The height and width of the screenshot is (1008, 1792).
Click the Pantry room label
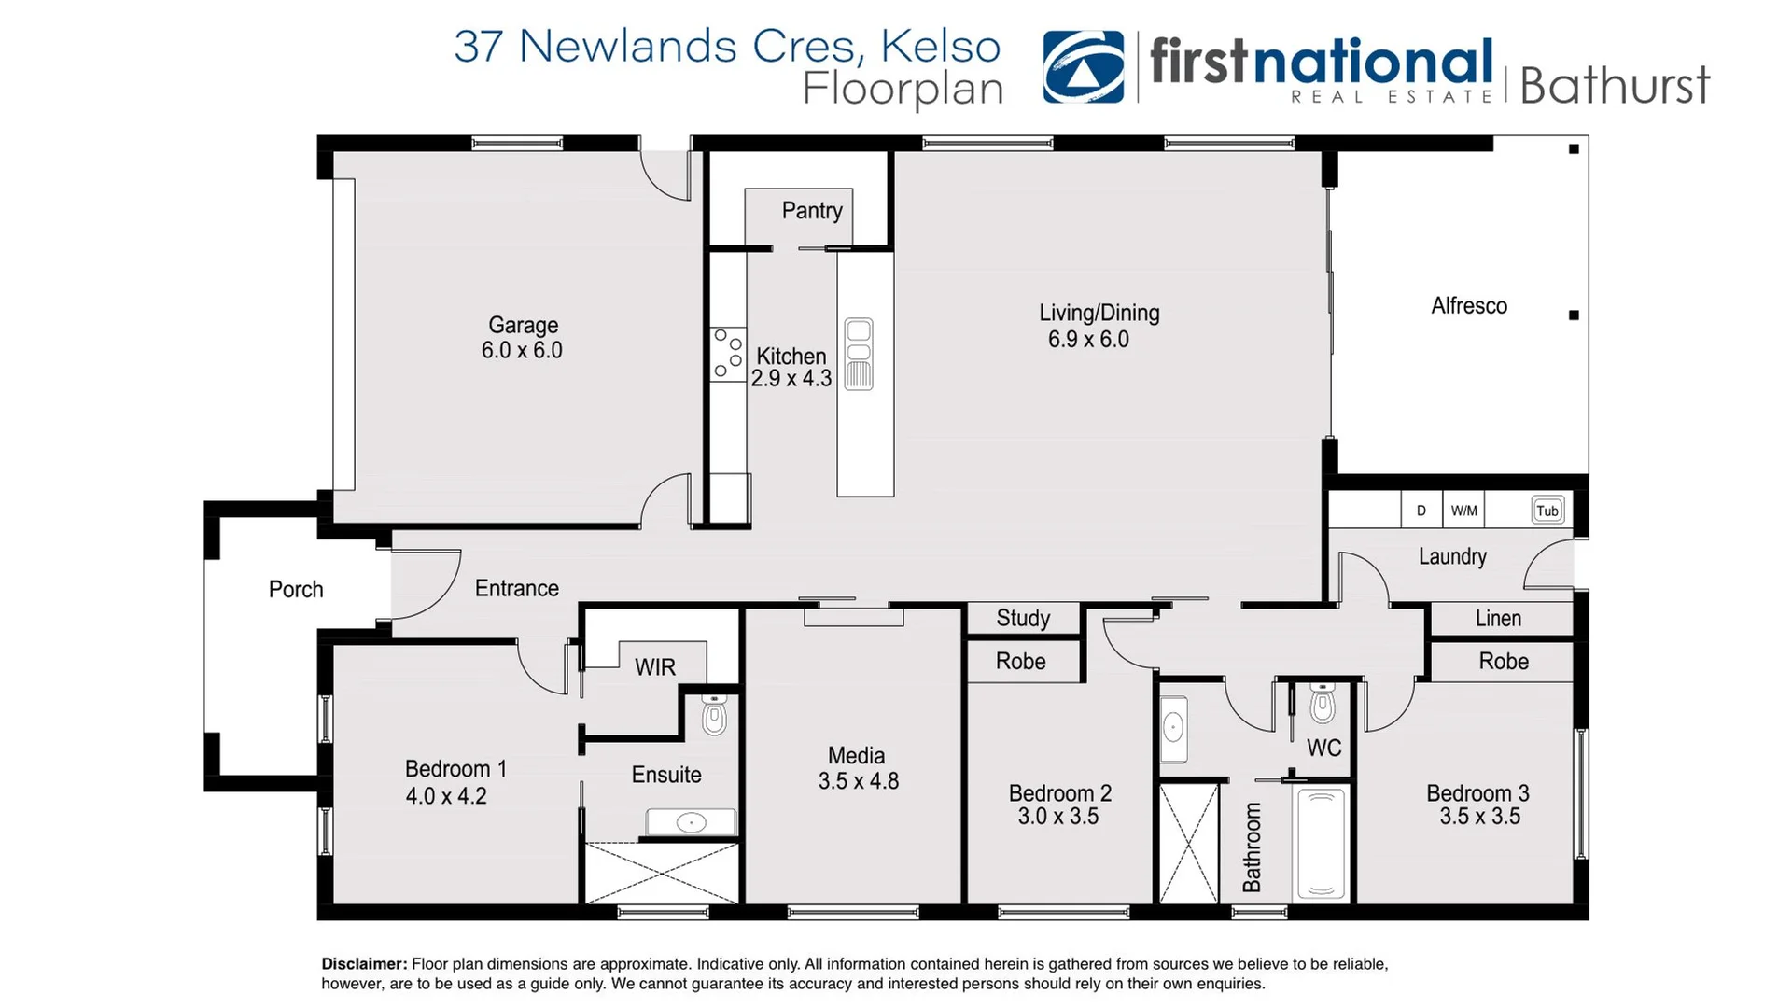[x=812, y=211]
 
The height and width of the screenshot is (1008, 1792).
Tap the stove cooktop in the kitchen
[x=728, y=355]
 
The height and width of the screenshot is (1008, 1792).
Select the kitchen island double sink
[x=859, y=354]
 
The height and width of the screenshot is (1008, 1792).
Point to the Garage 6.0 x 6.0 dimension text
[x=522, y=351]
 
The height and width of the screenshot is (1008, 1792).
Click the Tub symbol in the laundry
[x=1547, y=511]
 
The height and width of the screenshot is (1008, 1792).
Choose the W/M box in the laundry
[x=1463, y=511]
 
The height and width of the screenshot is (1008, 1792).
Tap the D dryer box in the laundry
[x=1421, y=511]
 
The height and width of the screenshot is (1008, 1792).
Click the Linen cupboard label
[x=1498, y=619]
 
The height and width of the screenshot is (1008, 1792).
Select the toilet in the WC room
[x=1323, y=705]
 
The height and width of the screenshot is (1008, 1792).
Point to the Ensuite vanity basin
[x=691, y=822]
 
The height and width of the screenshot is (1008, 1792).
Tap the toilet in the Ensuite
[x=714, y=716]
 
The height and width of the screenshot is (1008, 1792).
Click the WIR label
[x=654, y=667]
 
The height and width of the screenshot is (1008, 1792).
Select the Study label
[x=1023, y=618]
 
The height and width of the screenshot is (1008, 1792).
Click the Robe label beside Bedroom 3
[x=1504, y=662]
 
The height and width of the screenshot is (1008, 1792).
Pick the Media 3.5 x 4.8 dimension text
[x=859, y=782]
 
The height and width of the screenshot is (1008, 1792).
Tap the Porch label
[x=296, y=590]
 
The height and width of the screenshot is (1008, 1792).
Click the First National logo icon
[x=1083, y=66]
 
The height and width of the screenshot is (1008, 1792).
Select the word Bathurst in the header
[x=1615, y=86]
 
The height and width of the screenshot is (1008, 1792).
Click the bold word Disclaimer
[x=364, y=964]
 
